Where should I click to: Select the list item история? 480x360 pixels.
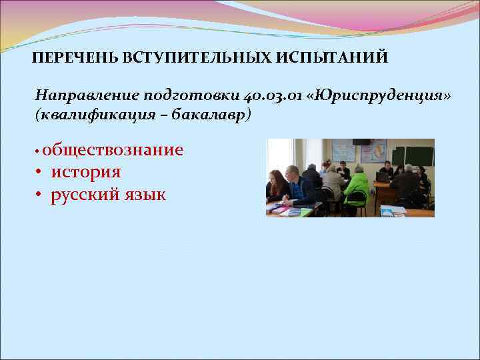(86, 172)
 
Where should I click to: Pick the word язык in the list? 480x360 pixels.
(144, 195)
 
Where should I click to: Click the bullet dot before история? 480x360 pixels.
(40, 173)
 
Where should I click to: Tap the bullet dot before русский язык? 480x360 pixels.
(40, 196)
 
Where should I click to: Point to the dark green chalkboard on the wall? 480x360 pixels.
(412, 155)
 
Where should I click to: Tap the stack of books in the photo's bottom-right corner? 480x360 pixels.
(394, 211)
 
